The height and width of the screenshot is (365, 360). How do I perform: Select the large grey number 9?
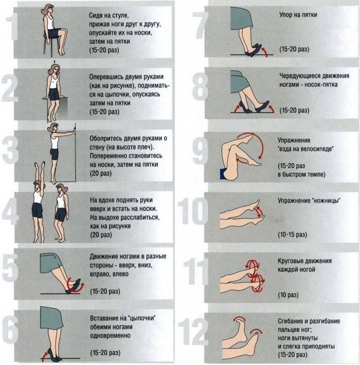tap(201, 151)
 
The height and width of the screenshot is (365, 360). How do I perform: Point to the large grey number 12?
tap(193, 332)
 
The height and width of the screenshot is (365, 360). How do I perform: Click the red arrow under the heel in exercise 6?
tap(44, 355)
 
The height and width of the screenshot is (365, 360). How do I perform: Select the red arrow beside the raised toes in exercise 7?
tap(264, 52)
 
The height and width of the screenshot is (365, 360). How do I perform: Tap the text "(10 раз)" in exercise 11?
tap(289, 295)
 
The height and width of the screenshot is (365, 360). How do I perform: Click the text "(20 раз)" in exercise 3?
tap(101, 173)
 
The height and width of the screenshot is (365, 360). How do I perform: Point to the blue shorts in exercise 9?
tap(223, 174)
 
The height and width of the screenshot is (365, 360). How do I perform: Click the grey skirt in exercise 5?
tap(50, 263)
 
